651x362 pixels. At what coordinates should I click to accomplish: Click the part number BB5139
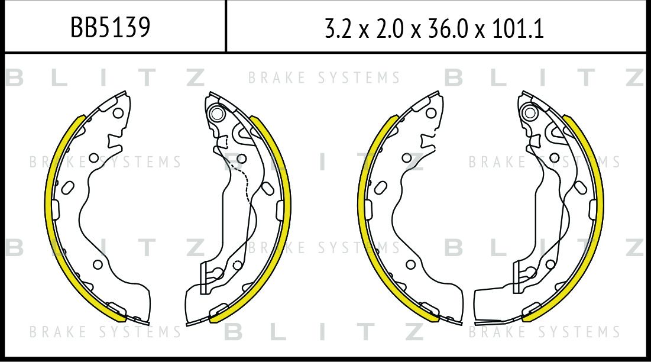click(110, 27)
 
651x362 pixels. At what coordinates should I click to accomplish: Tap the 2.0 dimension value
click(390, 29)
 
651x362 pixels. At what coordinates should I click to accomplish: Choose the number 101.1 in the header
click(518, 29)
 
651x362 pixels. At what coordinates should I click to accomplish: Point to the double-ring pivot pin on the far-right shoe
click(530, 112)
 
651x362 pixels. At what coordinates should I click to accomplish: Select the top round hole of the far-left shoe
click(118, 113)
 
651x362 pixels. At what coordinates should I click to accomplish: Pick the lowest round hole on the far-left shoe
click(98, 264)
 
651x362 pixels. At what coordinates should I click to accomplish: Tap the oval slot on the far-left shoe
click(67, 188)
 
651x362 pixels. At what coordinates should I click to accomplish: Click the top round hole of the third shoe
click(431, 113)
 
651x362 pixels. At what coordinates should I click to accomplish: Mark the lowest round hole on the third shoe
click(410, 264)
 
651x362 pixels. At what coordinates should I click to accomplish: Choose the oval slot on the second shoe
click(268, 189)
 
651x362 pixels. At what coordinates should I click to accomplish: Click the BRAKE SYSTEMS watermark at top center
click(324, 77)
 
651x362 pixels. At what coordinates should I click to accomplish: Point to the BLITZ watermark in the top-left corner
click(106, 77)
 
